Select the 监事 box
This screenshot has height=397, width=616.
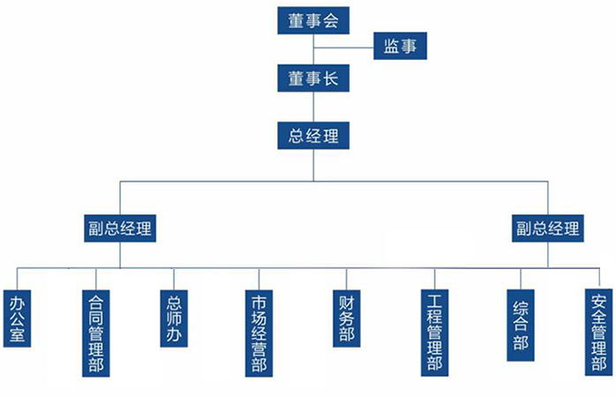point(400,46)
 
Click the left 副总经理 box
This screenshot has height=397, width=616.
point(120,228)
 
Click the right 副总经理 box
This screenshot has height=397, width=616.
point(548,228)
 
